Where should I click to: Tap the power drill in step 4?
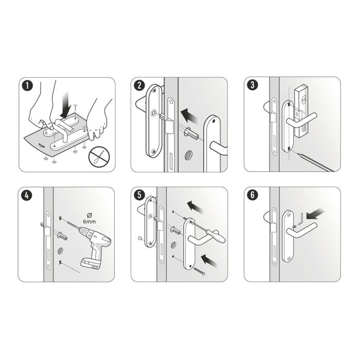[95, 247]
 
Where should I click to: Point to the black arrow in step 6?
[315, 212]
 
